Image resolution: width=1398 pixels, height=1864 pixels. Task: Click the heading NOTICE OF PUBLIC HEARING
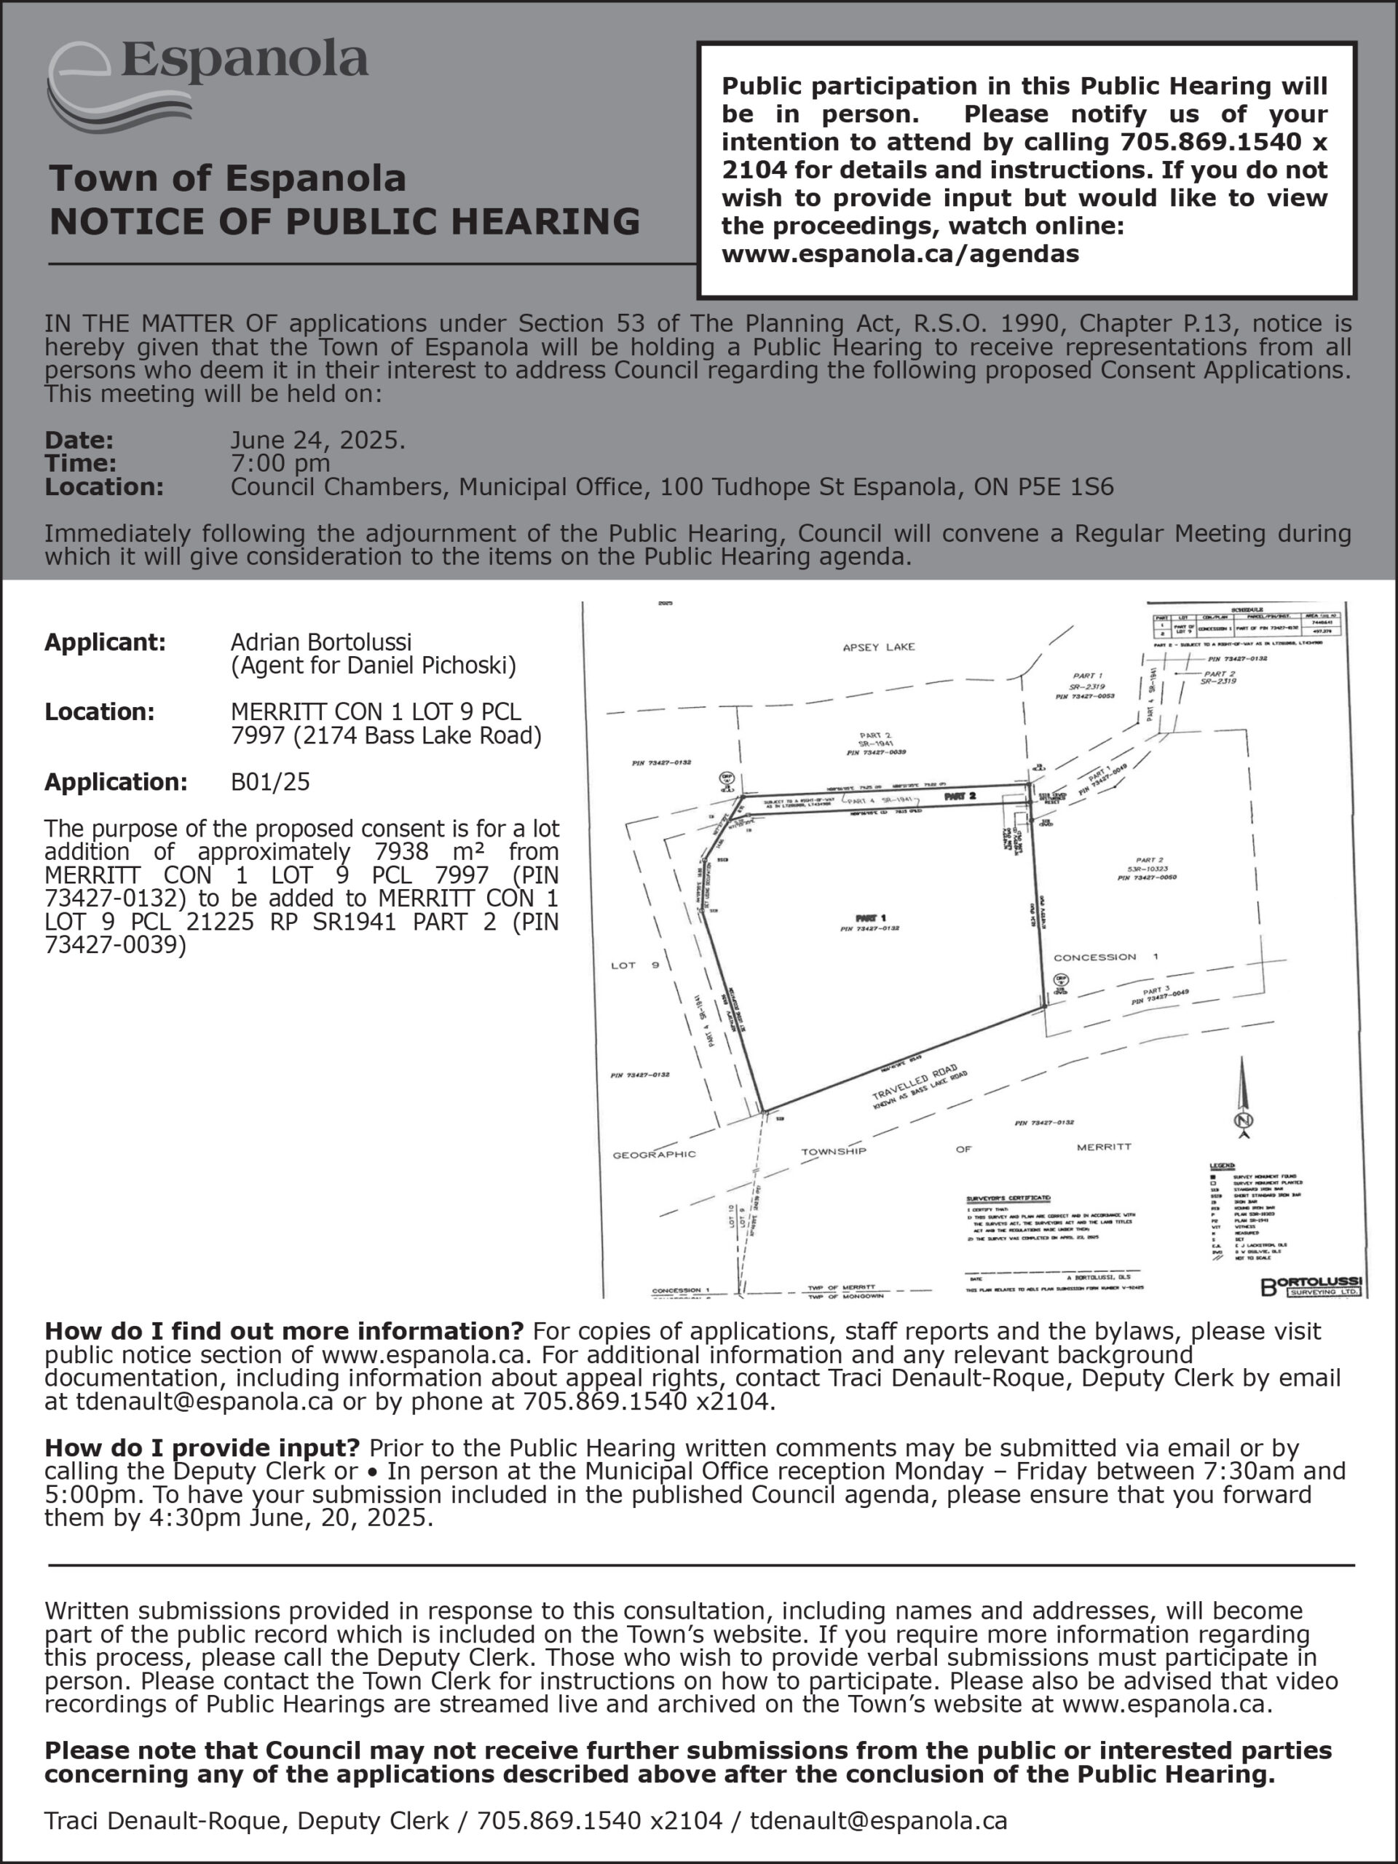click(344, 221)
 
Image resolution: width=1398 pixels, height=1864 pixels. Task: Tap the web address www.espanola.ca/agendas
click(900, 253)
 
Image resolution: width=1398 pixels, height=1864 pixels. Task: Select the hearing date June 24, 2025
click(317, 440)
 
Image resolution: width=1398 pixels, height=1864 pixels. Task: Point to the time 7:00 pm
click(280, 462)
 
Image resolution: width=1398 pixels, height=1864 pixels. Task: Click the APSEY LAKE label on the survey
click(879, 647)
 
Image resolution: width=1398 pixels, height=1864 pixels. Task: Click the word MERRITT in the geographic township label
click(1104, 1147)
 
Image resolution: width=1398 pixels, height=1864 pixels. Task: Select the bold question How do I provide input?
click(202, 1448)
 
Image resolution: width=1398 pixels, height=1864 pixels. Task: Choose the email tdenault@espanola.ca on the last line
click(879, 1820)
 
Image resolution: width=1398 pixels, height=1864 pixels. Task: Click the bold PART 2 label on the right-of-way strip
click(960, 796)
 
